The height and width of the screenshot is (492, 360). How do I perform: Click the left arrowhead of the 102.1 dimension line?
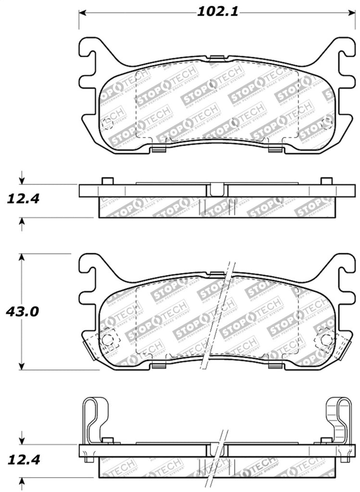point(82,12)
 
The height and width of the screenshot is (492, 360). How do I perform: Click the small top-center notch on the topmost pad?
point(218,59)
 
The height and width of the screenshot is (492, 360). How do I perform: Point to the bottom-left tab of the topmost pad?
point(158,150)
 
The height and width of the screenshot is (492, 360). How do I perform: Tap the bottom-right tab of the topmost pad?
point(274,150)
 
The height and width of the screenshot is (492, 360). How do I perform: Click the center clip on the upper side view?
point(216,189)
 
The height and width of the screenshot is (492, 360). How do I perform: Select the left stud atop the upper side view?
point(108,181)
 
